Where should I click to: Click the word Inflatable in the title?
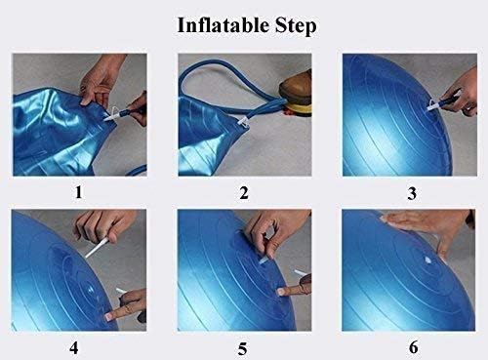(x=224, y=25)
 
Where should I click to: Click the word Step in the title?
(x=296, y=26)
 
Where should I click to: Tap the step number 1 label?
(x=79, y=192)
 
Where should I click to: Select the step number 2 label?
(x=244, y=193)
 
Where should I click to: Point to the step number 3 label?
(x=412, y=194)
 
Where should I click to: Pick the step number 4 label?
(x=74, y=348)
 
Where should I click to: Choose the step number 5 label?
(x=242, y=349)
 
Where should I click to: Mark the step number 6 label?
(x=414, y=347)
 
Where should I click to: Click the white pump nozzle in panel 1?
(x=111, y=114)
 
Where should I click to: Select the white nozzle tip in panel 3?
(x=433, y=105)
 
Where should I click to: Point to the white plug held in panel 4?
(x=97, y=247)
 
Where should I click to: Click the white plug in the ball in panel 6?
(x=427, y=260)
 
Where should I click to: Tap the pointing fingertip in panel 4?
(x=110, y=315)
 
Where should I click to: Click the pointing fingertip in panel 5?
(x=282, y=292)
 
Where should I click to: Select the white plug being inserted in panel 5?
(x=264, y=260)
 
